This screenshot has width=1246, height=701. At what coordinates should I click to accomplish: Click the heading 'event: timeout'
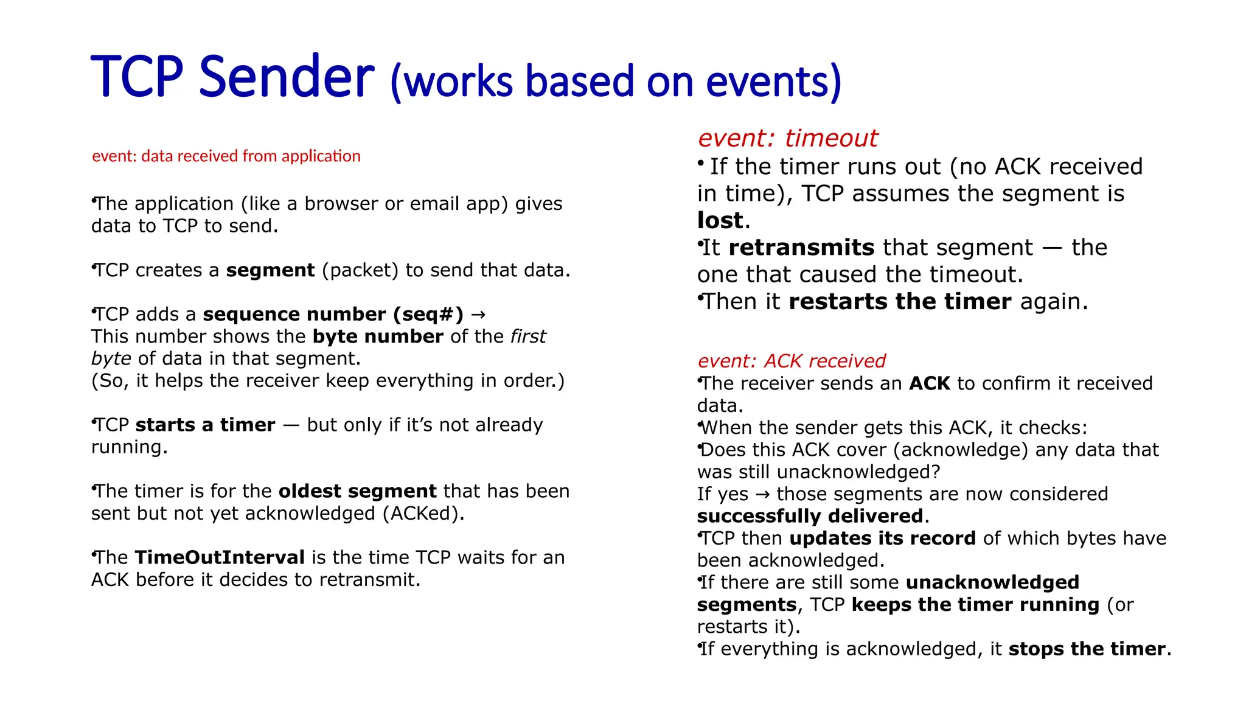click(x=787, y=138)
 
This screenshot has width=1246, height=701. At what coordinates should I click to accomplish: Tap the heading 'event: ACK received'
click(x=791, y=361)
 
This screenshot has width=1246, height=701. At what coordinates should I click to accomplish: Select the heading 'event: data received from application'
click(x=226, y=156)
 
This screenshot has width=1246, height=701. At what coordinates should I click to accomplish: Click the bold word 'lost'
click(x=720, y=220)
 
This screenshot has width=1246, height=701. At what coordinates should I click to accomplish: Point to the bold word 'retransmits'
click(x=801, y=248)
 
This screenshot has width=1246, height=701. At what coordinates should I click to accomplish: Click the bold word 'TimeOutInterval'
click(x=220, y=557)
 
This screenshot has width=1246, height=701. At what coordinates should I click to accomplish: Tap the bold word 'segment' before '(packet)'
click(x=270, y=270)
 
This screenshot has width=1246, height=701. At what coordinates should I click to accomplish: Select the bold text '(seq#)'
click(x=428, y=315)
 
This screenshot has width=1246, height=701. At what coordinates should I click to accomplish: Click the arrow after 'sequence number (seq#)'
click(x=479, y=315)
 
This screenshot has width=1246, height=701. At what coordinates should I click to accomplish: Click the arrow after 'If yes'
click(x=762, y=495)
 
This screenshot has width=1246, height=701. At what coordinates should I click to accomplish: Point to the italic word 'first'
click(x=528, y=337)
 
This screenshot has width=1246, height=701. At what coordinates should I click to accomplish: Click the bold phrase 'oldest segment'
click(x=358, y=491)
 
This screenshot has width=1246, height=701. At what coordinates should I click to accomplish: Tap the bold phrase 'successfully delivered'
click(x=810, y=517)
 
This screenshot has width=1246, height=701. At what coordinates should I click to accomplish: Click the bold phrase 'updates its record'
click(x=882, y=539)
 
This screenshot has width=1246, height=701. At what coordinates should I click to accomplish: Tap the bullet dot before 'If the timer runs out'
click(x=701, y=163)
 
